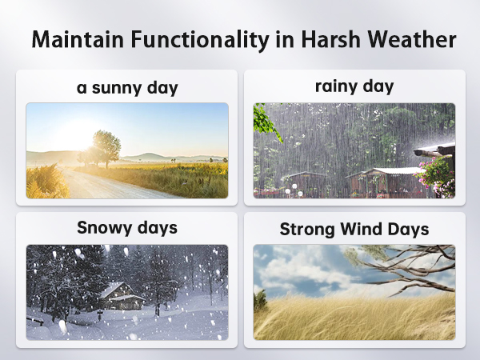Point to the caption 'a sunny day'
[126, 87]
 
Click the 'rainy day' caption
[354, 86]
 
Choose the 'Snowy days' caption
[126, 227]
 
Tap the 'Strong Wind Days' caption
[354, 230]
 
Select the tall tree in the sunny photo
[106, 146]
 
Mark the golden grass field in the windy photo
[352, 320]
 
